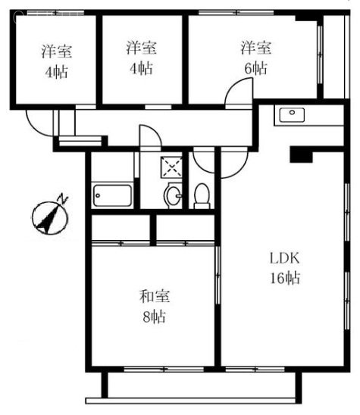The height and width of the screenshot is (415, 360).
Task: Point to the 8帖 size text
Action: [x=152, y=316]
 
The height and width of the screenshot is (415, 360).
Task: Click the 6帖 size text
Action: [x=255, y=69]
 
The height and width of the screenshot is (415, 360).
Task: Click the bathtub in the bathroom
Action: [x=111, y=196]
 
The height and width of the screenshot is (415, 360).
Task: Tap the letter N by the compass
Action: [x=64, y=198]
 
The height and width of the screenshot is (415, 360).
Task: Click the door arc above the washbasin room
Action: [x=149, y=136]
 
